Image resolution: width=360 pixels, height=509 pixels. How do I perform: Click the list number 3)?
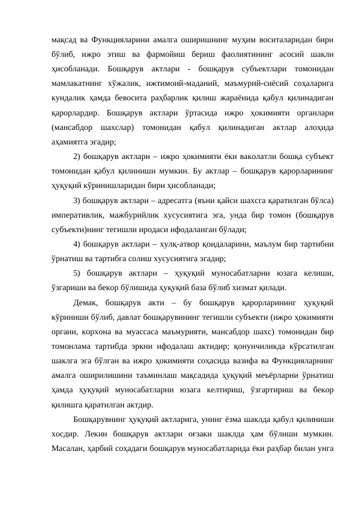click(x=77, y=199)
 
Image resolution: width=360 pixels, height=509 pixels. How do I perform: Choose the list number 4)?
click(x=77, y=243)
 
